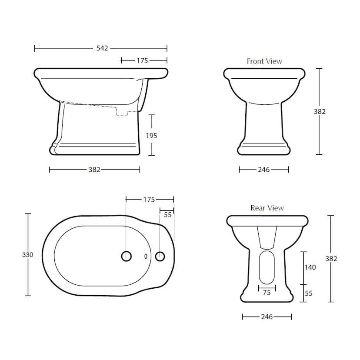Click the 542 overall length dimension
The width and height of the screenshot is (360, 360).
102,48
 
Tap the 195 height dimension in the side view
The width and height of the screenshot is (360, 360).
152,136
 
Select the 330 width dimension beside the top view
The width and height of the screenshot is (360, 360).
27,255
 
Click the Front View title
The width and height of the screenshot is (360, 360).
264,61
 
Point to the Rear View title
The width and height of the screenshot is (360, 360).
267,208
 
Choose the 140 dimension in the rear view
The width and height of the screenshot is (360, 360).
310,267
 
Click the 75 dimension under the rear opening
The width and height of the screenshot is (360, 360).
267,293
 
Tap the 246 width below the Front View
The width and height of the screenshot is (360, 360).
263,170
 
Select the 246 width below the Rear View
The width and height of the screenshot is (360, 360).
267,317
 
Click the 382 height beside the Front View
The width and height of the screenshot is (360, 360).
320,112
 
